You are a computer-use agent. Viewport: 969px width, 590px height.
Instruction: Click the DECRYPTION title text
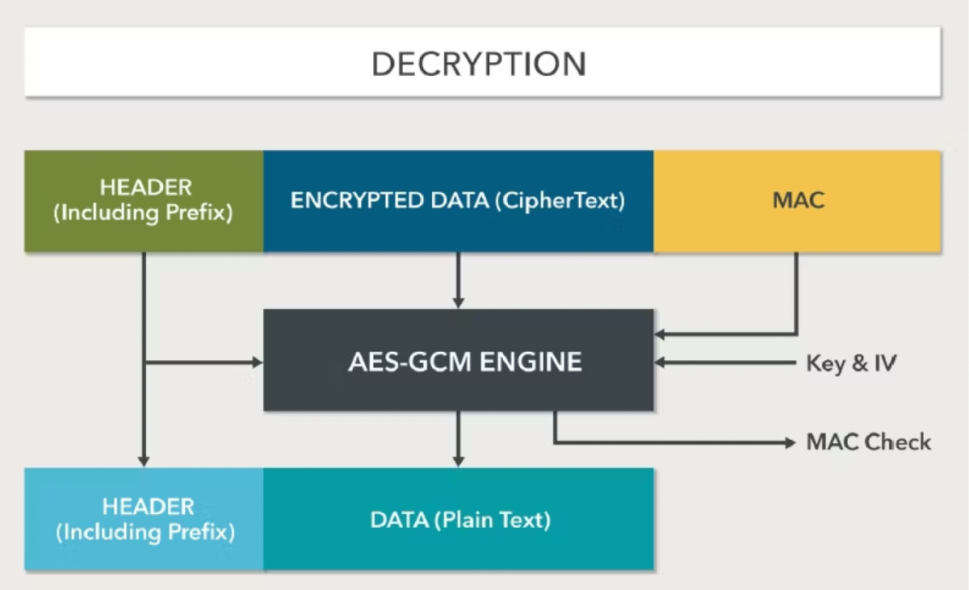tap(479, 64)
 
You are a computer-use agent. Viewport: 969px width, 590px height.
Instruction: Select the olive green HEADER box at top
tap(144, 202)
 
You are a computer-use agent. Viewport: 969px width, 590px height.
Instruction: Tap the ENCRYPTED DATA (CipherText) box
tap(458, 201)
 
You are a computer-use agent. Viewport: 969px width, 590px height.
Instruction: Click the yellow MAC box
tap(797, 201)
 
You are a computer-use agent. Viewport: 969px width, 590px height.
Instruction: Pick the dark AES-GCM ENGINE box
tap(458, 361)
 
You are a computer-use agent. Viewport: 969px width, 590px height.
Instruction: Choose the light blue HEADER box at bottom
tap(144, 519)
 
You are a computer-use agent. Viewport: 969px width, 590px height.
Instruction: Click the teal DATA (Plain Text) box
tap(458, 519)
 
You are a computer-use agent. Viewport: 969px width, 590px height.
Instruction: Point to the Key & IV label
tap(851, 362)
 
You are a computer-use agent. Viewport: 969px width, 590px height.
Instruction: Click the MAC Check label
tap(868, 442)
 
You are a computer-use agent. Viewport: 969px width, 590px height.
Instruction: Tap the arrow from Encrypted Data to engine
tap(458, 278)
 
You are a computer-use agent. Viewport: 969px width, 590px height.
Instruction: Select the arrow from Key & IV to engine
tap(727, 362)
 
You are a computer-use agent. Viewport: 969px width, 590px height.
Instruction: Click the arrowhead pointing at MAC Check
tap(790, 442)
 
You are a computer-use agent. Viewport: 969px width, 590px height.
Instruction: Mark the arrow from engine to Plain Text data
tap(458, 438)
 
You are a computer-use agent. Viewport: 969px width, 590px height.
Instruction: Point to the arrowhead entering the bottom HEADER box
tap(144, 460)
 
